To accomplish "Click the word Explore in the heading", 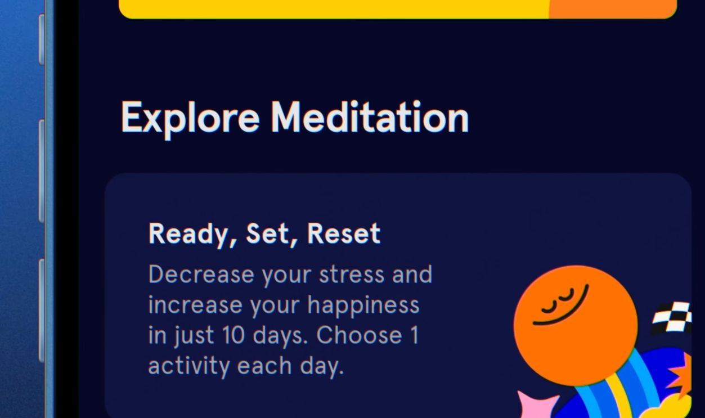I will pyautogui.click(x=190, y=118).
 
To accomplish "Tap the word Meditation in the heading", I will pyautogui.click(x=369, y=118).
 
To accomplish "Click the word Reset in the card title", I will pyautogui.click(x=344, y=234).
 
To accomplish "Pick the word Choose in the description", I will pyautogui.click(x=359, y=336).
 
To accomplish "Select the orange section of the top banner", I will pyautogui.click(x=612, y=8).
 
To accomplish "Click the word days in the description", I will pyautogui.click(x=280, y=336).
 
